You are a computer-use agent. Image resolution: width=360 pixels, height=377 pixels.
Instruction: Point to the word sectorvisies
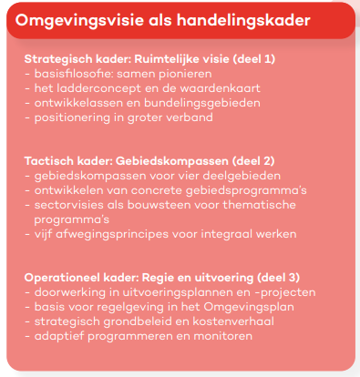click(x=66, y=203)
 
